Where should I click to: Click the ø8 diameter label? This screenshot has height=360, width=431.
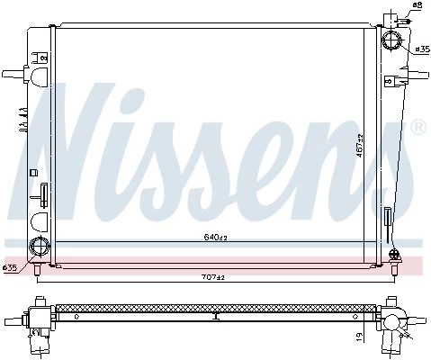click(418, 4)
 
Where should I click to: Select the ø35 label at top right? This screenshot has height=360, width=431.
click(423, 49)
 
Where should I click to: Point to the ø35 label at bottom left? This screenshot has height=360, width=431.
click(10, 268)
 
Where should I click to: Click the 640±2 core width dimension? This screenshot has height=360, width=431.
click(215, 238)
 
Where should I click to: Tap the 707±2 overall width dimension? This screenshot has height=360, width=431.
click(213, 277)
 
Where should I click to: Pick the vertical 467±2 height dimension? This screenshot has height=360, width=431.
click(360, 146)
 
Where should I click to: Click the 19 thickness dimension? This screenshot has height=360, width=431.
click(360, 335)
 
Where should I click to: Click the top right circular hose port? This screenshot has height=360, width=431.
click(391, 40)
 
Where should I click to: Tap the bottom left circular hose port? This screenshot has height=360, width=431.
click(39, 247)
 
